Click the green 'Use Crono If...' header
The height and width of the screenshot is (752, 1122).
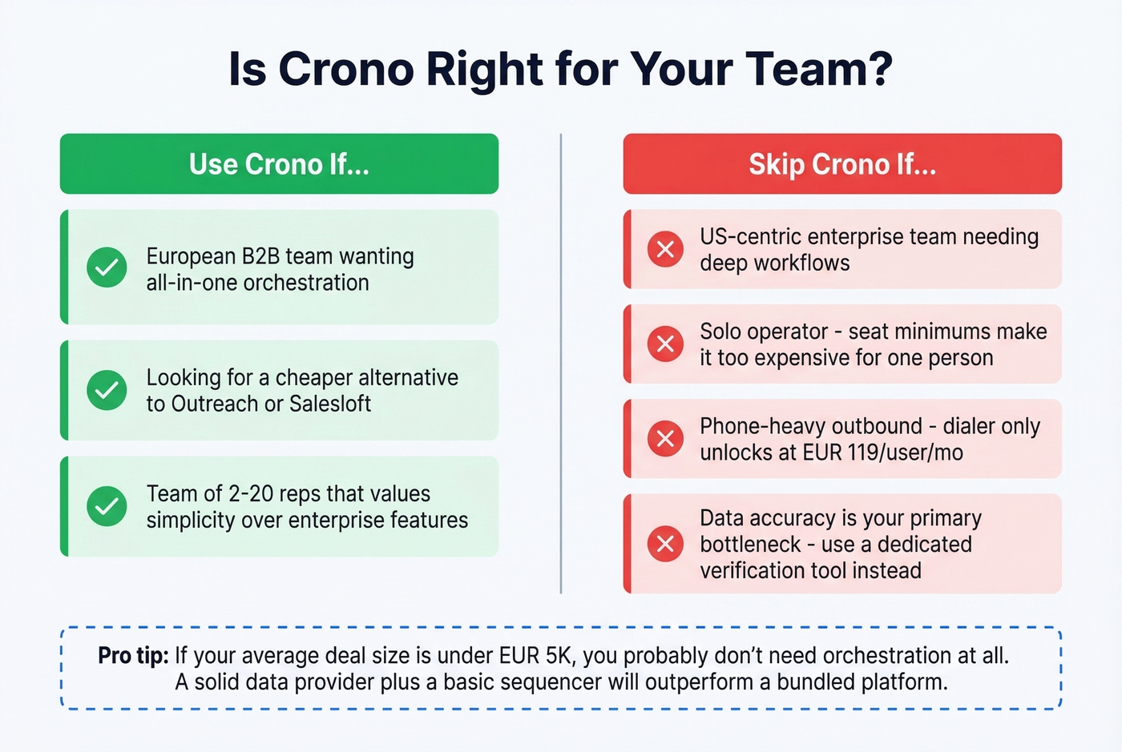click(x=279, y=164)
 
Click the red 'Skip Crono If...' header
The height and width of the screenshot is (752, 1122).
click(x=842, y=164)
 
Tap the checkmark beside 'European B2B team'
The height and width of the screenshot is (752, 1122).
click(x=107, y=267)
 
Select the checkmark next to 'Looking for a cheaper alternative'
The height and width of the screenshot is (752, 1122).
click(x=107, y=390)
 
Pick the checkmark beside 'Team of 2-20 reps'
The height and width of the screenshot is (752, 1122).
click(x=107, y=506)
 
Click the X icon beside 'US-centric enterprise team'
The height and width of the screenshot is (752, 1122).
click(x=665, y=249)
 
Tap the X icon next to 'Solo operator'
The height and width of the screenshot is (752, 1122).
click(x=665, y=344)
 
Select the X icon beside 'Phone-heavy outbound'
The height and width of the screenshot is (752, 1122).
click(x=665, y=438)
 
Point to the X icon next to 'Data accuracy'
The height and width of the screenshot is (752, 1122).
click(x=665, y=544)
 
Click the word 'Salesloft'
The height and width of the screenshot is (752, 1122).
click(x=329, y=404)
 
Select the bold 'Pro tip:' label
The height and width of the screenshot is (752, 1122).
click(x=133, y=655)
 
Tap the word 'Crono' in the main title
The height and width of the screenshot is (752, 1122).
click(x=346, y=69)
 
